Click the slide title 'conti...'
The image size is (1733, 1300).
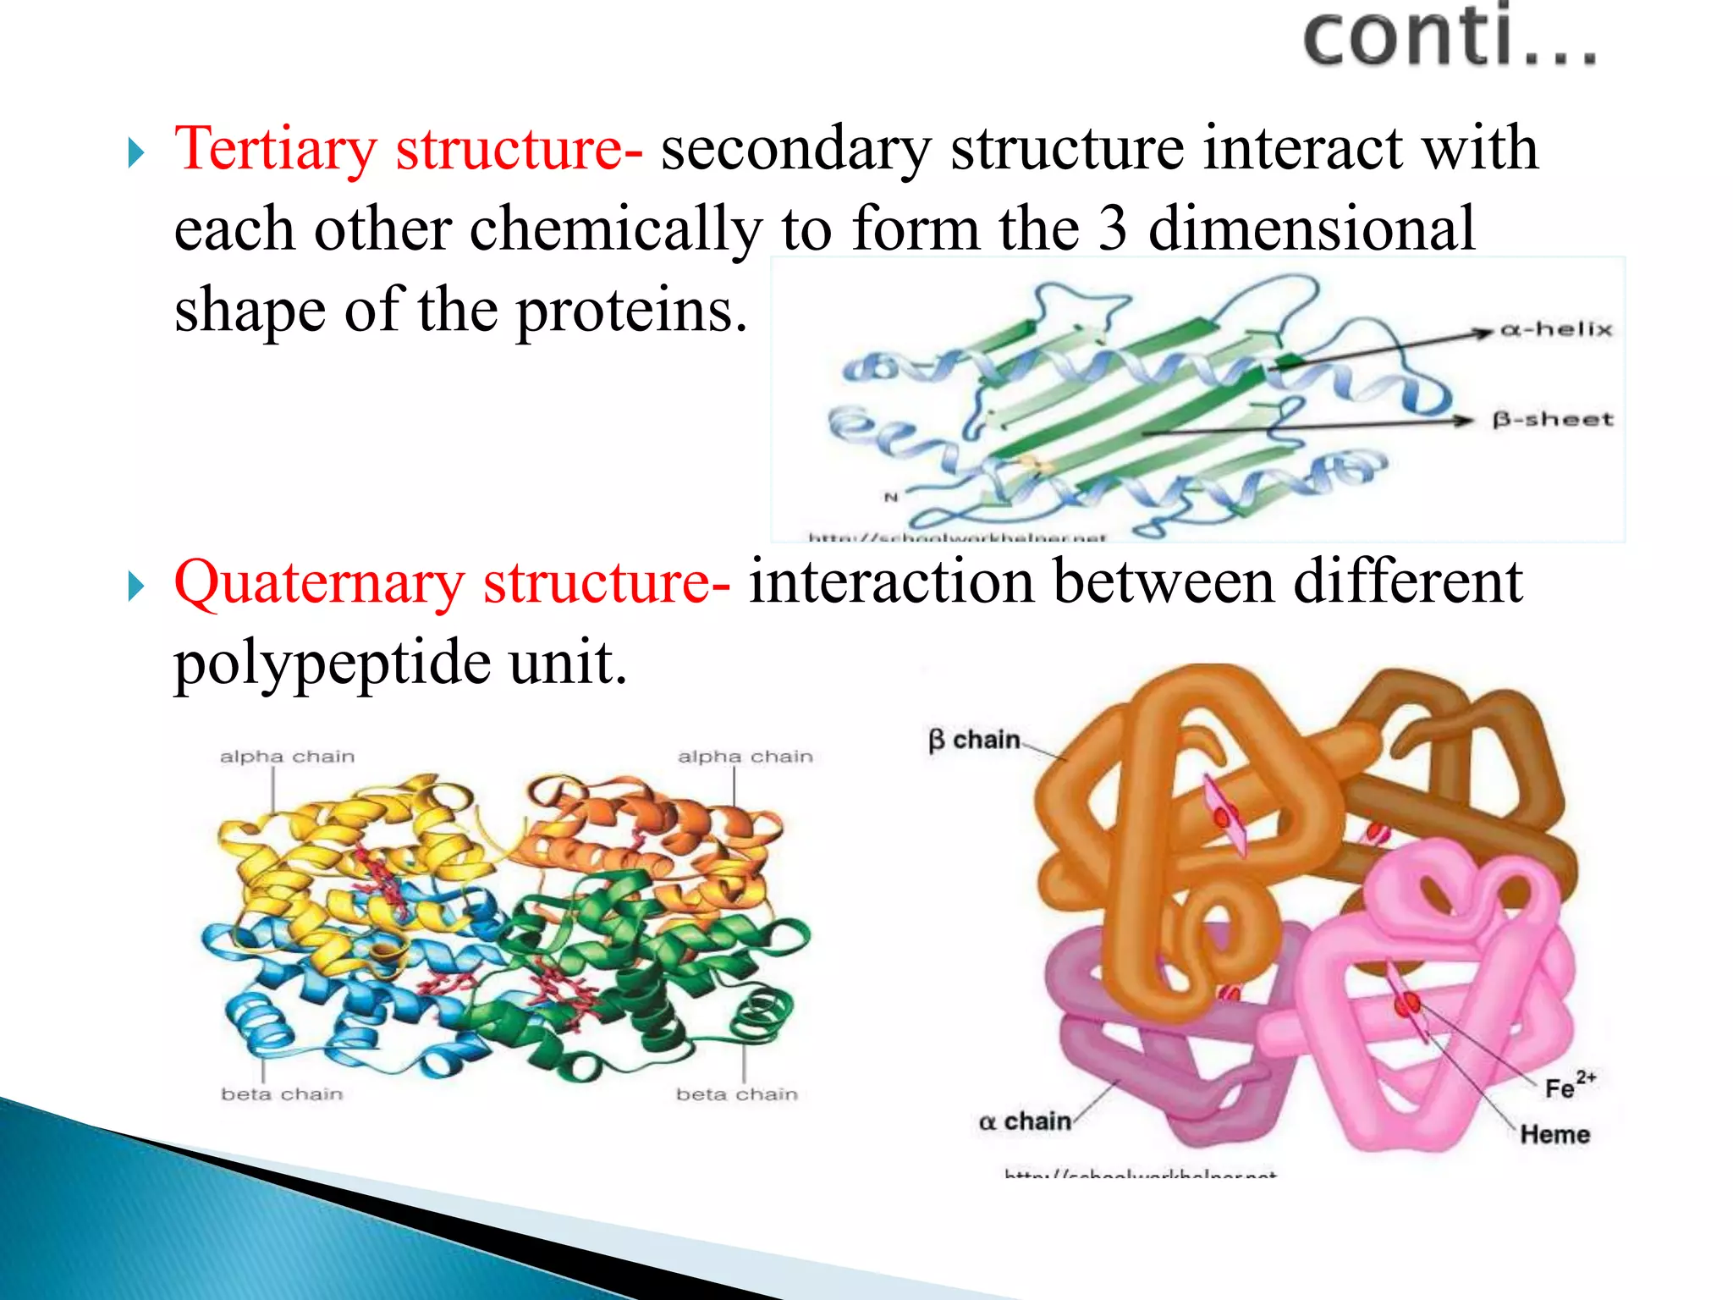(1449, 37)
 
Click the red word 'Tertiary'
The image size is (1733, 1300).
(275, 149)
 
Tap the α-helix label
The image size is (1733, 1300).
(1556, 329)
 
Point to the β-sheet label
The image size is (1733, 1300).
(1553, 420)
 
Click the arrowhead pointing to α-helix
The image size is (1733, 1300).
(1482, 332)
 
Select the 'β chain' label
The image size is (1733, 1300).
(974, 741)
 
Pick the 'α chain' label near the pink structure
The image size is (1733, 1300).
(1025, 1121)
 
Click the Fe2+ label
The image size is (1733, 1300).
(1568, 1086)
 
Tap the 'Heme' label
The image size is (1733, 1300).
(1554, 1134)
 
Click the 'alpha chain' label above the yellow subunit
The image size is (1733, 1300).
(287, 757)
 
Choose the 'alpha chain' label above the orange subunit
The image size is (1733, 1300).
(745, 757)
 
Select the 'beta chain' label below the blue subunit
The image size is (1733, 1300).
(282, 1094)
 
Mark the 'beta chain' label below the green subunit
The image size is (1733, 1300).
(736, 1094)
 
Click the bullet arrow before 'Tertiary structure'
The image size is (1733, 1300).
(136, 154)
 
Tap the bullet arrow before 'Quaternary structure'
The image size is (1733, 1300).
(136, 587)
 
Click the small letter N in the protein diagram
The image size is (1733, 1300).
(890, 498)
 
